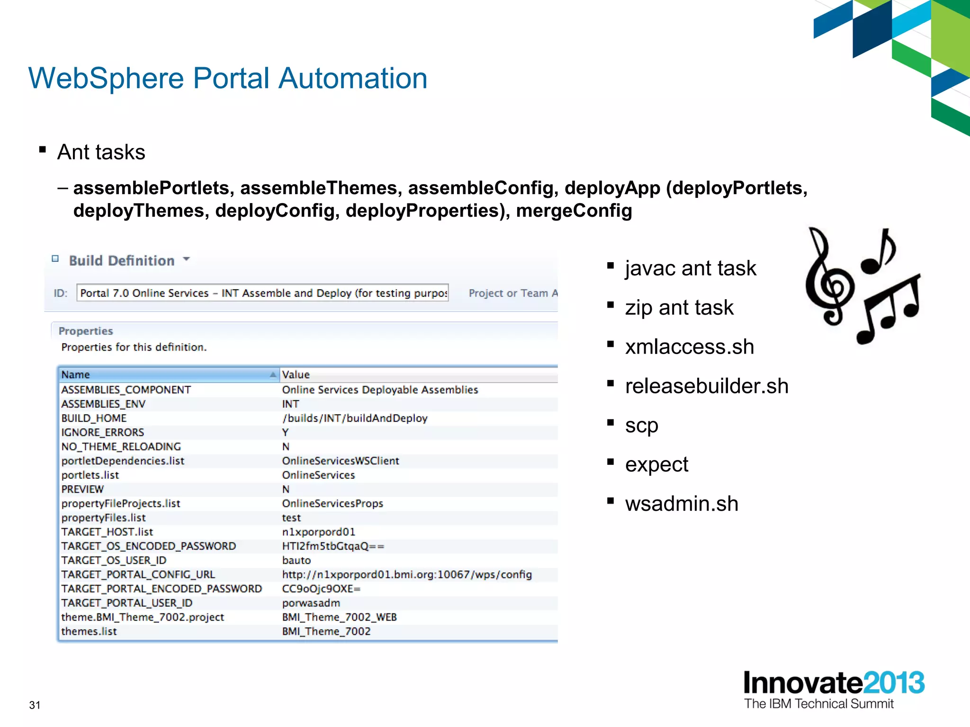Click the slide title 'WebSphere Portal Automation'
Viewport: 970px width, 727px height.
pyautogui.click(x=228, y=78)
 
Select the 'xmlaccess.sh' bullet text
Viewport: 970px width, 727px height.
pyautogui.click(x=689, y=347)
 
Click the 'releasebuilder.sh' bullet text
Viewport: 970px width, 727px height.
pyautogui.click(x=706, y=386)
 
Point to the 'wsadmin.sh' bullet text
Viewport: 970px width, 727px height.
pyautogui.click(x=681, y=504)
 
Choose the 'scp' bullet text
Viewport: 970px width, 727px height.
pyautogui.click(x=641, y=425)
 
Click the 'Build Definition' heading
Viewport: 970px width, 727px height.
pyautogui.click(x=122, y=260)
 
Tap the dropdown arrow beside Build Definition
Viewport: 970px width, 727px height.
pyautogui.click(x=187, y=259)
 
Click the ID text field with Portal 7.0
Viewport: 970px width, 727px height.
pyautogui.click(x=263, y=293)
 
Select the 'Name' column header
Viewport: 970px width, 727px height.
pyautogui.click(x=76, y=374)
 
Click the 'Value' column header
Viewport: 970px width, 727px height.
pyautogui.click(x=296, y=374)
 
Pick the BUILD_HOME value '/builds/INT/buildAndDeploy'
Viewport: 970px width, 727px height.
pyautogui.click(x=355, y=418)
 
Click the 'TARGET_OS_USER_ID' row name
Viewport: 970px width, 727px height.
pyautogui.click(x=114, y=560)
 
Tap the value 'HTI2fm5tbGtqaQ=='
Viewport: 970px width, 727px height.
pyautogui.click(x=333, y=546)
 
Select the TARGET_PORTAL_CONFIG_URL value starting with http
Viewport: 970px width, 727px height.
pyautogui.click(x=407, y=574)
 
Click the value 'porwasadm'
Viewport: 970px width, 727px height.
pyautogui.click(x=311, y=603)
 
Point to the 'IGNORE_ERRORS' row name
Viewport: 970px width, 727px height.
pyautogui.click(x=102, y=432)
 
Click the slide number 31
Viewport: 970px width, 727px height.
pyautogui.click(x=35, y=705)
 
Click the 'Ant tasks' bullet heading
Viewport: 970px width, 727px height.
pyautogui.click(x=101, y=152)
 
